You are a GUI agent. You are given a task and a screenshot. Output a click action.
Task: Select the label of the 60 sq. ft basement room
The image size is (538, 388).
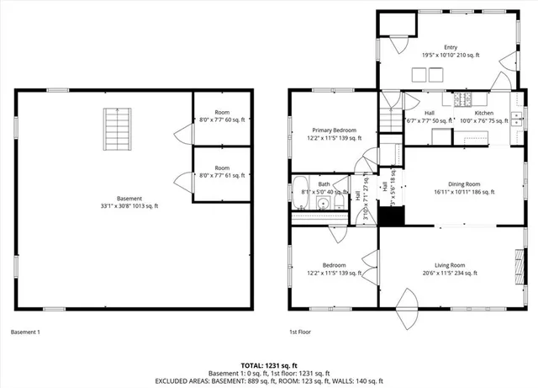click(222, 116)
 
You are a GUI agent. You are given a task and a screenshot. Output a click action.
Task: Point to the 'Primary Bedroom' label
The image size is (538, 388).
click(334, 134)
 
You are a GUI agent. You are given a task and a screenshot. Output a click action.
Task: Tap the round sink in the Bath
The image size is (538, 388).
click(322, 202)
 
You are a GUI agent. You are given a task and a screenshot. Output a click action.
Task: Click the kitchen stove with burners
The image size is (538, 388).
click(463, 100)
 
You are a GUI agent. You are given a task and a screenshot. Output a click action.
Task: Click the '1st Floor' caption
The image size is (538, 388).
click(300, 332)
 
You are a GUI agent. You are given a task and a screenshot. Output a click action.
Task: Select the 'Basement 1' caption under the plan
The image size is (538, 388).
click(25, 332)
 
